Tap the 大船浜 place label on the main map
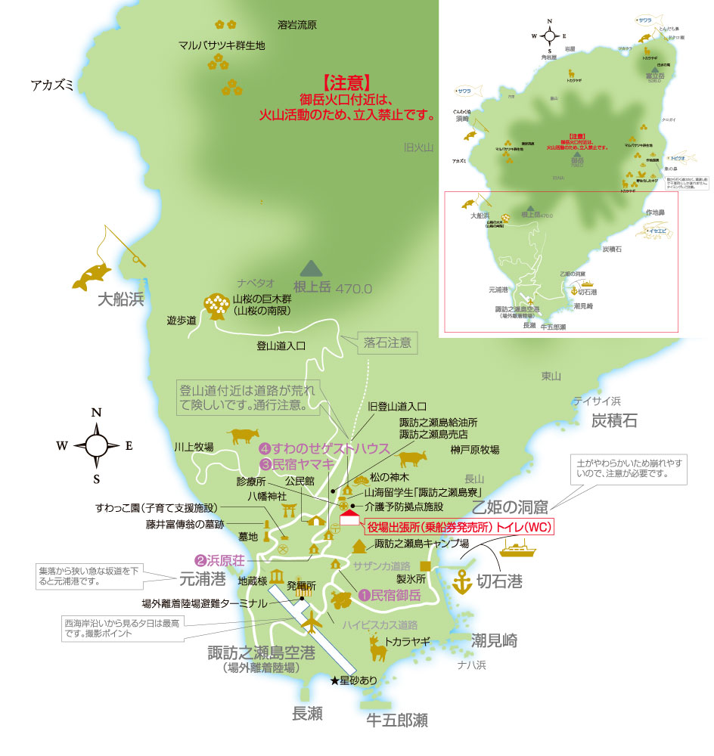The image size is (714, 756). [120, 300]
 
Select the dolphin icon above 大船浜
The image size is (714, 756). [92, 277]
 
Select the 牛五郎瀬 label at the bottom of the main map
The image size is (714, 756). [393, 720]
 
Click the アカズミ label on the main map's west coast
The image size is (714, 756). [52, 85]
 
